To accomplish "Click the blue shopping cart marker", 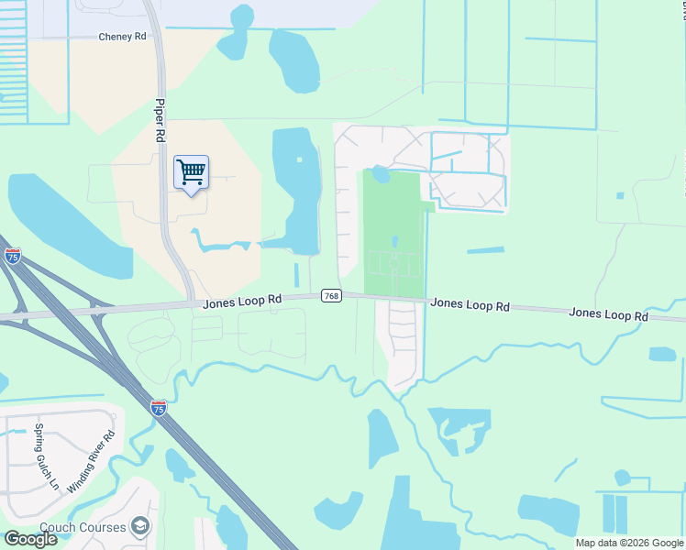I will click(x=191, y=172).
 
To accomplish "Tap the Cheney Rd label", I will click(x=122, y=38).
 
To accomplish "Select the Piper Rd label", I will click(x=160, y=120).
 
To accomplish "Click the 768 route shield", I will click(x=331, y=296).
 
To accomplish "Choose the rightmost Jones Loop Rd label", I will click(x=608, y=313).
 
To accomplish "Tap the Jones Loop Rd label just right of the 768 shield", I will click(x=470, y=303).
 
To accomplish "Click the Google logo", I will click(x=30, y=539).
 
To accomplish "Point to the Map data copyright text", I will click(x=630, y=543).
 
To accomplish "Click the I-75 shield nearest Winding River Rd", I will click(x=159, y=409).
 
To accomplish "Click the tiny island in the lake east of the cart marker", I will click(x=298, y=160).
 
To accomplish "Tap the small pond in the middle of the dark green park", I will click(x=394, y=242).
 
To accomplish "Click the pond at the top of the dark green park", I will click(x=381, y=173).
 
